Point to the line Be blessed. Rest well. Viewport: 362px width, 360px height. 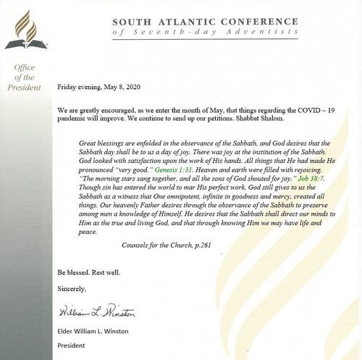pyautogui.click(x=91, y=272)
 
